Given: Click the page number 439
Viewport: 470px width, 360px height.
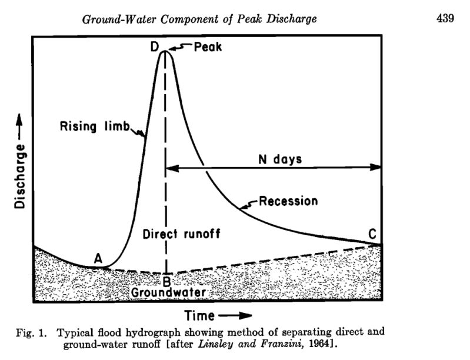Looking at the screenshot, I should (445, 18).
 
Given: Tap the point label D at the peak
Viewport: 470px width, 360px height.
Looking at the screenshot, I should (155, 48).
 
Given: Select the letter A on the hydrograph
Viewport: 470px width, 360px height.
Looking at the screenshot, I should (99, 257).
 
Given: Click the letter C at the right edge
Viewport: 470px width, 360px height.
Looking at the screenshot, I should (372, 234).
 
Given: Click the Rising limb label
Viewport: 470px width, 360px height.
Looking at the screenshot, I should (95, 126).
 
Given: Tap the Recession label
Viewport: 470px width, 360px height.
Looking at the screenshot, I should (288, 201).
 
